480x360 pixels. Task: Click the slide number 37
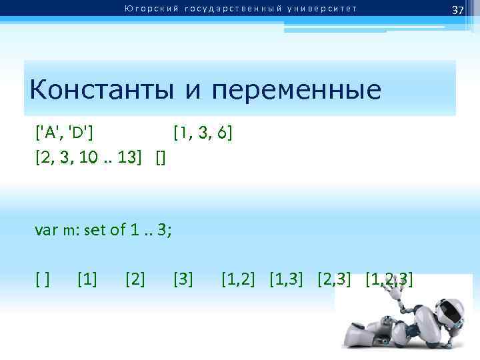457,10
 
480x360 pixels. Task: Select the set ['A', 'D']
64,133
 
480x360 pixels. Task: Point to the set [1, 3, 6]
203,133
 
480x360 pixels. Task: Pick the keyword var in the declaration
47,231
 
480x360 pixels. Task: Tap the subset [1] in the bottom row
87,278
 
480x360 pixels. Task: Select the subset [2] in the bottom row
135,278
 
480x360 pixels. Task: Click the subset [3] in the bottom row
183,278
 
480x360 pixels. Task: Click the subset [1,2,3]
390,278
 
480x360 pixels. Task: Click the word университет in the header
321,9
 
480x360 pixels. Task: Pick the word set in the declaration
95,231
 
